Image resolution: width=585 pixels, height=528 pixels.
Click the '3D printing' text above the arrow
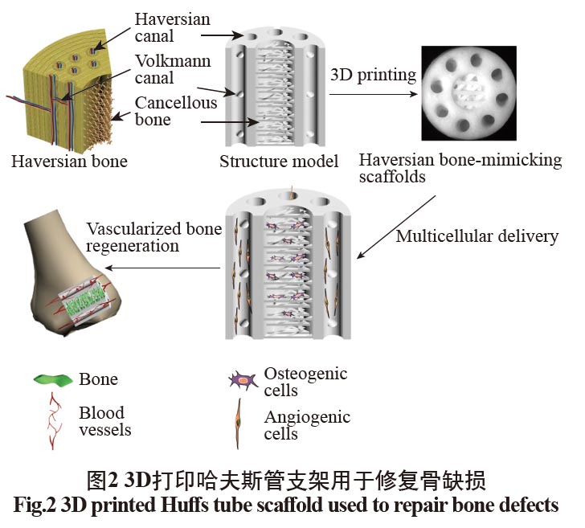click(374, 76)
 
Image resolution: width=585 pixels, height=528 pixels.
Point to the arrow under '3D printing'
click(374, 93)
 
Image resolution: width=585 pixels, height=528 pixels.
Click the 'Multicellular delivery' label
click(477, 236)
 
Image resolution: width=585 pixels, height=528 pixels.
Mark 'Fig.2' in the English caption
click(39, 505)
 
